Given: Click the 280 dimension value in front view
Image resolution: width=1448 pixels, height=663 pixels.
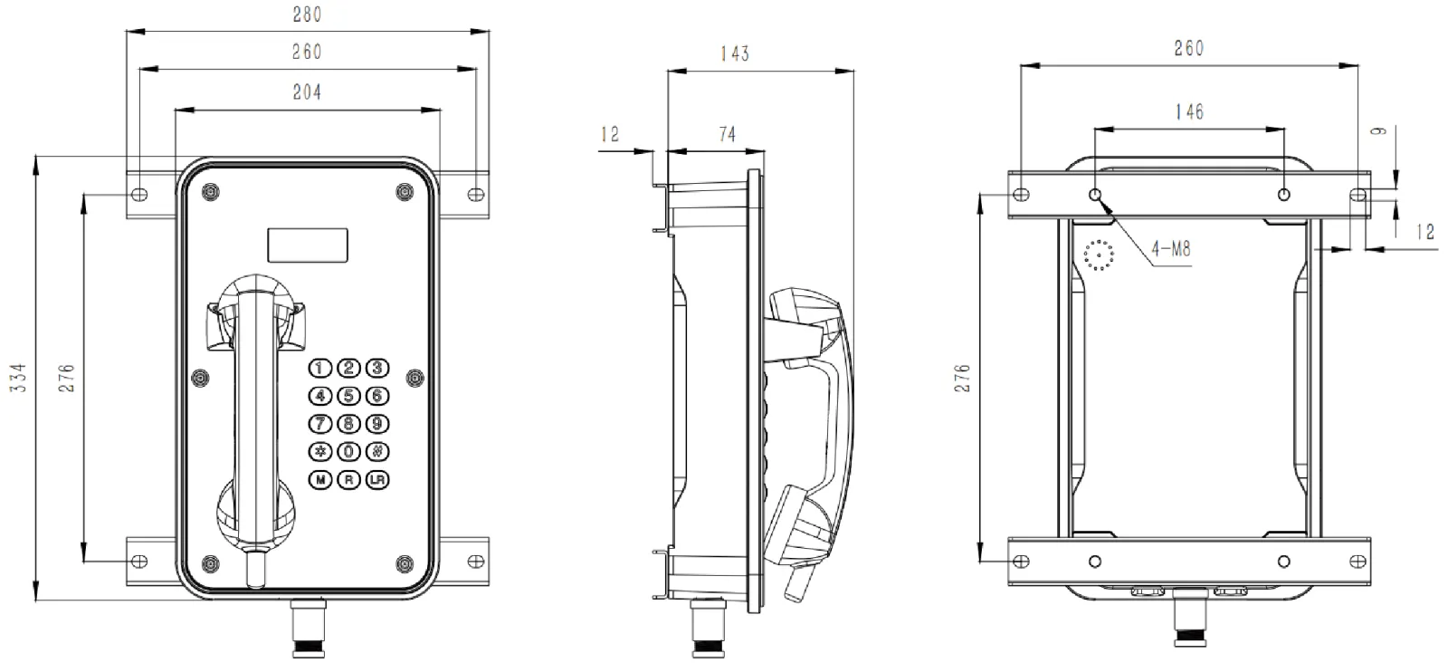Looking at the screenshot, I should [x=307, y=14].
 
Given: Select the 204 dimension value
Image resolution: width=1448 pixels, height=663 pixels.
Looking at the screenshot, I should [x=307, y=91].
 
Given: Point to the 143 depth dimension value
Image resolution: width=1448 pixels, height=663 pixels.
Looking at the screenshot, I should [x=734, y=53].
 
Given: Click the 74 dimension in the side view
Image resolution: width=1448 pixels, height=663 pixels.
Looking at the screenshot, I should [x=727, y=134].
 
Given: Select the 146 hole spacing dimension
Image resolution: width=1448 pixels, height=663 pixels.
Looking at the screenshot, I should [x=1188, y=111].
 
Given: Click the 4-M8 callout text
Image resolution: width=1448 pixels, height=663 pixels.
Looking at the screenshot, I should [x=1170, y=248].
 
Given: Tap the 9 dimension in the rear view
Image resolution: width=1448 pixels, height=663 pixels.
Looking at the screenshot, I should [x=1379, y=130].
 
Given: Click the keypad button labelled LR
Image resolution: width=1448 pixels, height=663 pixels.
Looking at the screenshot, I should [x=376, y=480].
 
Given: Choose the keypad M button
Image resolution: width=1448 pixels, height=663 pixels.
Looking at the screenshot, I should [x=321, y=480].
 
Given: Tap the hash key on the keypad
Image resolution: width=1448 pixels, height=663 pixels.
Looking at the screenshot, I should [x=376, y=451].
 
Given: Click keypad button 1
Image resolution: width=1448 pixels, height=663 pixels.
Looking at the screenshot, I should [x=321, y=368].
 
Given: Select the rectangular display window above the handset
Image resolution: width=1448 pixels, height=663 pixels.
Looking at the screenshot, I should [x=308, y=244].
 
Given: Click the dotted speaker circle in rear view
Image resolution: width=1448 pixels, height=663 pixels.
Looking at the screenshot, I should [x=1099, y=255].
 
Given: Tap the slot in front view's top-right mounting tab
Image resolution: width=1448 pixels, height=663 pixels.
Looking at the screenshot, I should [x=475, y=194].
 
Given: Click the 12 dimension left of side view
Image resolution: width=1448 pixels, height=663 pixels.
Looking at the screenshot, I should [x=610, y=134].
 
